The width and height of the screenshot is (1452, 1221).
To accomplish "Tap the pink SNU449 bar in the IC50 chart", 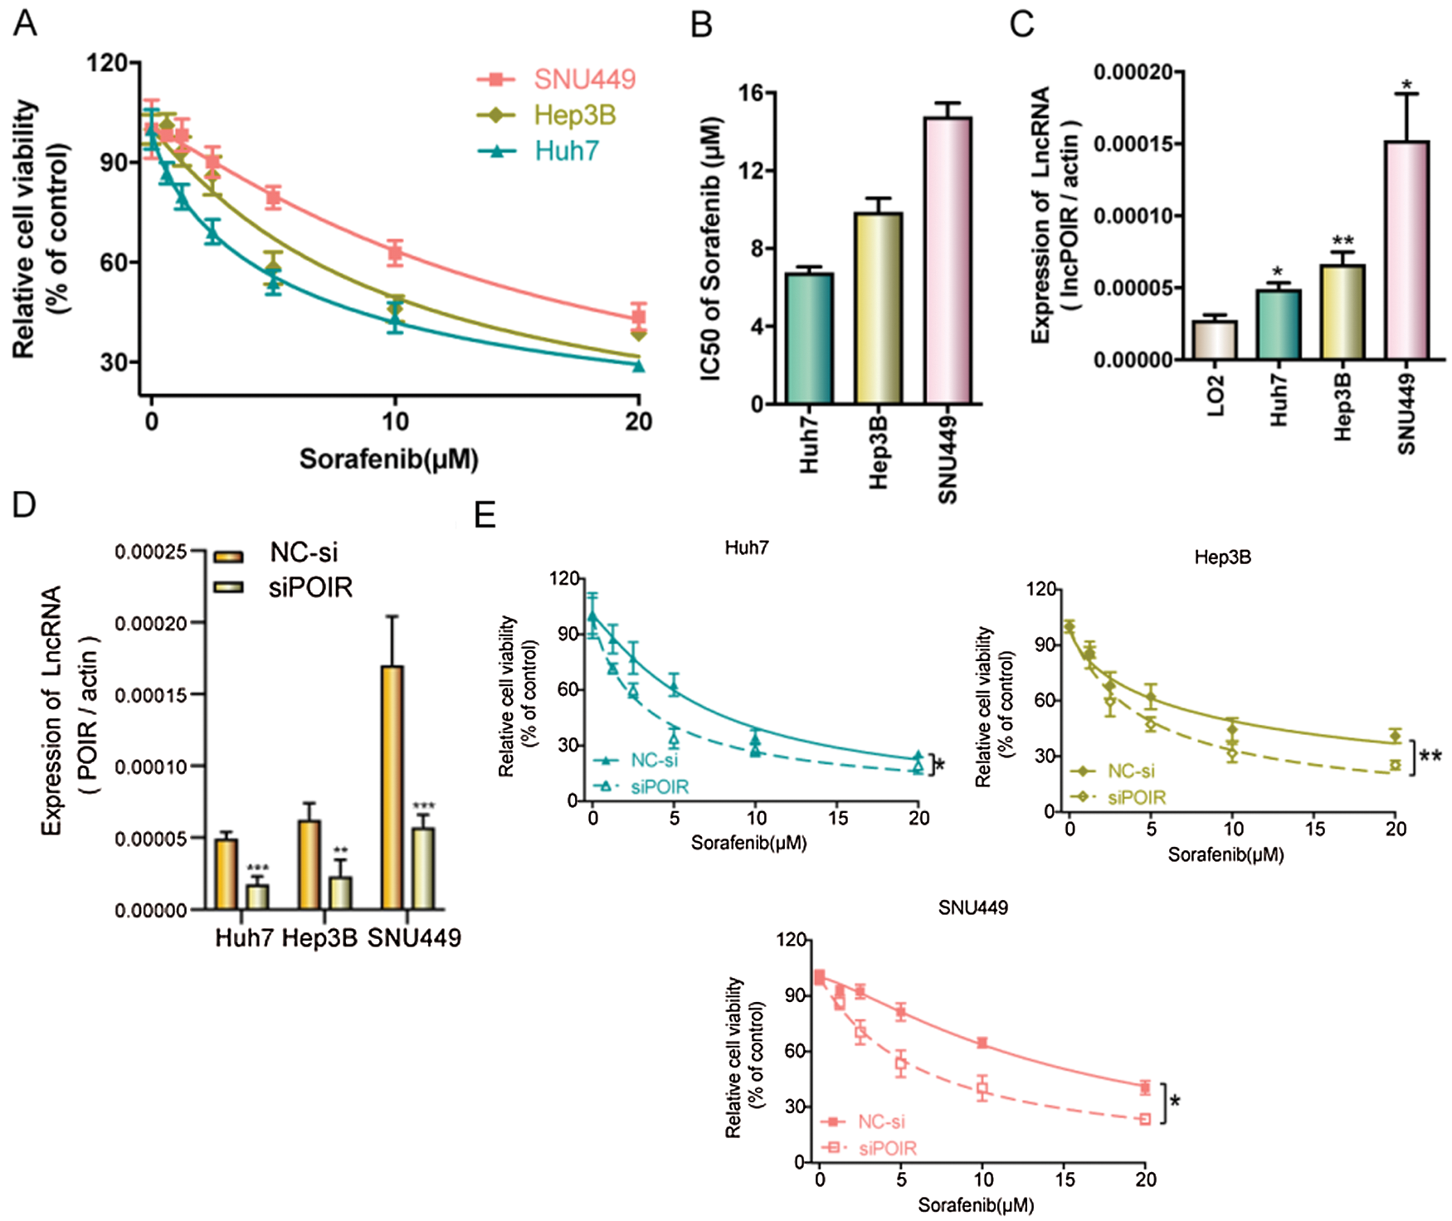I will (x=948, y=260).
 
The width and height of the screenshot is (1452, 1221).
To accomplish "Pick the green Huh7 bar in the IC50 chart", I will (x=809, y=338).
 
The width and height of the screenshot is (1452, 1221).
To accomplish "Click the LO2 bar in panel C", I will (x=1215, y=340).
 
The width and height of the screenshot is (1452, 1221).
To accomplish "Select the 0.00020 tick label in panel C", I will (x=1133, y=73).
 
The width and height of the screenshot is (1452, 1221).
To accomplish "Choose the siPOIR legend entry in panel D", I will (x=310, y=587).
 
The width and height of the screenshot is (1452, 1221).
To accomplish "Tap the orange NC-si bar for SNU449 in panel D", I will (x=392, y=787).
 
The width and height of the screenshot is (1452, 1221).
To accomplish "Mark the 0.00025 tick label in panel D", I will (x=150, y=552).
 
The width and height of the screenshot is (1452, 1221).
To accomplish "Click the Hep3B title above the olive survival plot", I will (x=1222, y=557).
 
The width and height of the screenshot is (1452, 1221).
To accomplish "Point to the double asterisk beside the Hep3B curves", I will (x=1430, y=756).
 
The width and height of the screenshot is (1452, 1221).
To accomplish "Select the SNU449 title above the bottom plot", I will (x=973, y=907).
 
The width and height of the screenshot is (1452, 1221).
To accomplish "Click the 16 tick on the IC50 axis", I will (x=751, y=93).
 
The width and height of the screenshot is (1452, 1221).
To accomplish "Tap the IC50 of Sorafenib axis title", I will (x=711, y=249).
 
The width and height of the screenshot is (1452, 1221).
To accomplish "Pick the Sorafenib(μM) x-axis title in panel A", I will (x=388, y=459).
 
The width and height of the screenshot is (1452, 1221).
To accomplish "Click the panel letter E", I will (x=485, y=515).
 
